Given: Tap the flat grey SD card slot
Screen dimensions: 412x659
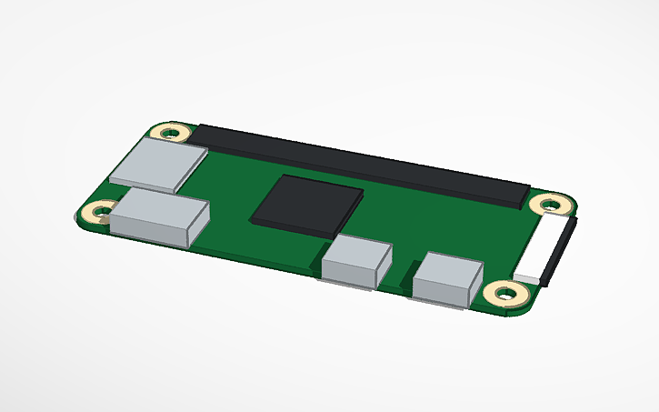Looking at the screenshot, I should pos(156,166).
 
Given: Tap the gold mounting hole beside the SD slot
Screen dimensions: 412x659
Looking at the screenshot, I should pos(170,132).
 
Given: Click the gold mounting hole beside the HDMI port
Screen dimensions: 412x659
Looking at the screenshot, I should pos(95,214).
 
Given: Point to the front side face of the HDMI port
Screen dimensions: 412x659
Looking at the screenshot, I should pos(149,232).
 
